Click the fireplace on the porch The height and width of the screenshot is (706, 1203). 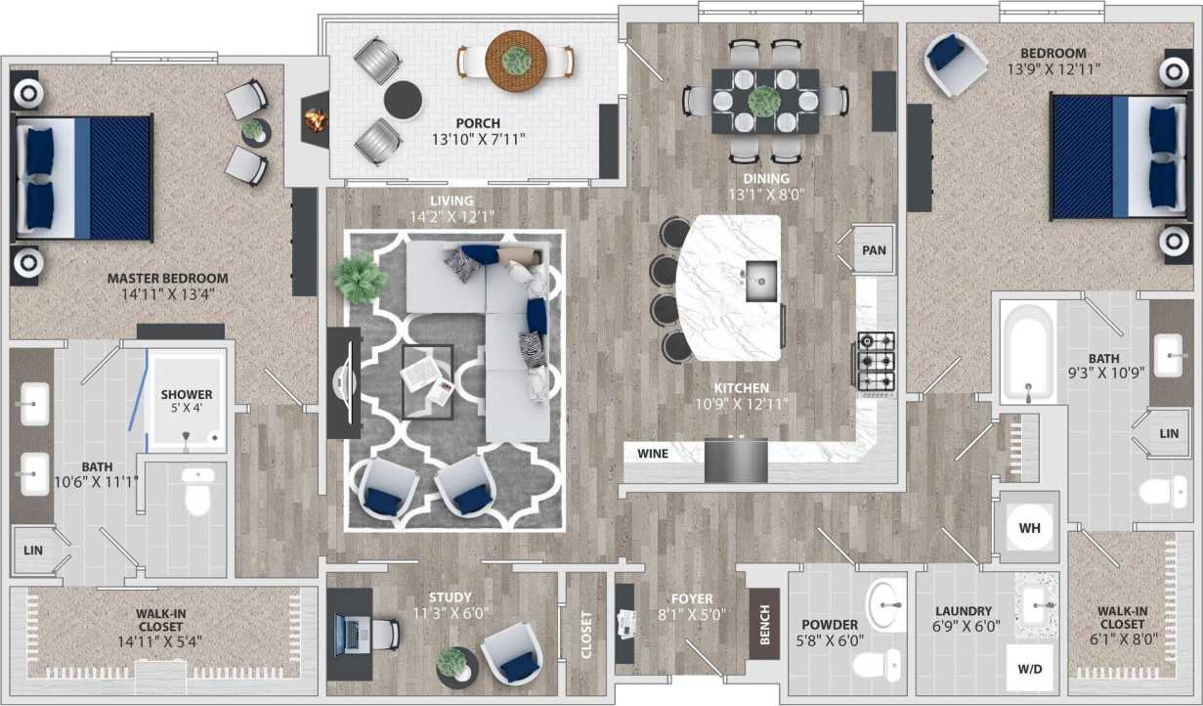(x=314, y=119)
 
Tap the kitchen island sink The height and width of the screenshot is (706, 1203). (x=760, y=282)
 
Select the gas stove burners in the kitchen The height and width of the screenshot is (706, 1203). (x=877, y=361)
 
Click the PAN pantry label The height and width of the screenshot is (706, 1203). (x=874, y=250)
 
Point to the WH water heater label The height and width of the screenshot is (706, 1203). (x=1029, y=528)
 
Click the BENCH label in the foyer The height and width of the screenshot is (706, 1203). (x=764, y=624)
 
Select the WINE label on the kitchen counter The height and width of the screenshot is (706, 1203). (x=653, y=455)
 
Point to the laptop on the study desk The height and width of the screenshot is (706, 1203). (x=347, y=634)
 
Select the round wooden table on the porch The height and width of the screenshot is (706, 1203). (x=516, y=59)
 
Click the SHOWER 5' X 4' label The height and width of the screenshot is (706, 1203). (x=186, y=401)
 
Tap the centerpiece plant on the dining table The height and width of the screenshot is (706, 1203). (x=762, y=100)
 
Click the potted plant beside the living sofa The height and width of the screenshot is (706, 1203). (x=358, y=278)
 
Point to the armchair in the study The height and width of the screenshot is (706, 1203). (x=509, y=652)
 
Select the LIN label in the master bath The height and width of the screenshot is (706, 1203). (x=32, y=551)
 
